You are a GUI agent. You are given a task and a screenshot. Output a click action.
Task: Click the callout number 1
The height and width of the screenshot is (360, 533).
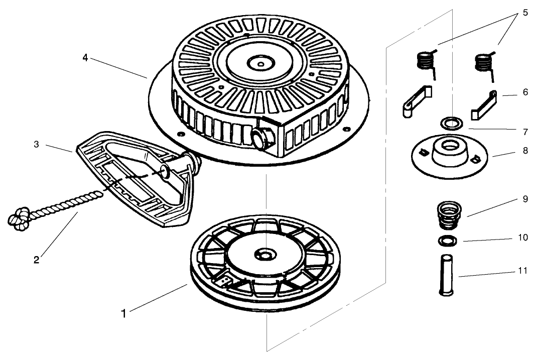tap(123, 314)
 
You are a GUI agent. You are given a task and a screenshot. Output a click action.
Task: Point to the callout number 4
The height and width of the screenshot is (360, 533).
tap(86, 57)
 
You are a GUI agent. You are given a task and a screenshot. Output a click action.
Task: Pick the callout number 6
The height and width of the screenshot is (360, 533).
tap(524, 93)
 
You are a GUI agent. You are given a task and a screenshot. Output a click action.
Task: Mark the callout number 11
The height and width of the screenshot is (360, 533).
tap(522, 271)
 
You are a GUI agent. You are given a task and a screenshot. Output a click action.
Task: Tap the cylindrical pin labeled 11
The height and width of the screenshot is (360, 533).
tap(446, 276)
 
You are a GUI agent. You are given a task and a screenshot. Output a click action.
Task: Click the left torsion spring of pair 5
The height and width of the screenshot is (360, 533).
tap(426, 62)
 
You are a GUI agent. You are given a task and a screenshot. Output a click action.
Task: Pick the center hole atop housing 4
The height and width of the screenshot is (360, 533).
tap(260, 64)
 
